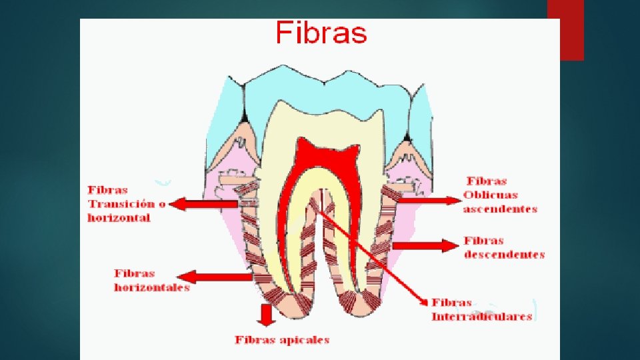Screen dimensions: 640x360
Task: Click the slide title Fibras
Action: coord(321,32)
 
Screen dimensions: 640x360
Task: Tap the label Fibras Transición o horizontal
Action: coord(126,204)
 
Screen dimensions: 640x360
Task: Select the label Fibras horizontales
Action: coord(151,280)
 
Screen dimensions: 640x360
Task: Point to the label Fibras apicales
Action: coord(282,340)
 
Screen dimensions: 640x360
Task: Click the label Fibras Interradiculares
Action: coord(481,310)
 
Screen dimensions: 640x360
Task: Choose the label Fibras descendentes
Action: coord(504,247)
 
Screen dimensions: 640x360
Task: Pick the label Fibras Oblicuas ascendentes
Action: coord(500,195)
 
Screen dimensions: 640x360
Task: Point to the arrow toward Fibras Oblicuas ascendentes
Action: coord(427,198)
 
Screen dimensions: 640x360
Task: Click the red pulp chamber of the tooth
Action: coord(327,153)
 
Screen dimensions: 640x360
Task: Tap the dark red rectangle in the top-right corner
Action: coord(565,30)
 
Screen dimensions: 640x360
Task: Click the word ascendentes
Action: coord(500,209)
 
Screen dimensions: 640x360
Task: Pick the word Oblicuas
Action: coord(491,195)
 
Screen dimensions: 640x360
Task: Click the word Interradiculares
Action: coord(481,317)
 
